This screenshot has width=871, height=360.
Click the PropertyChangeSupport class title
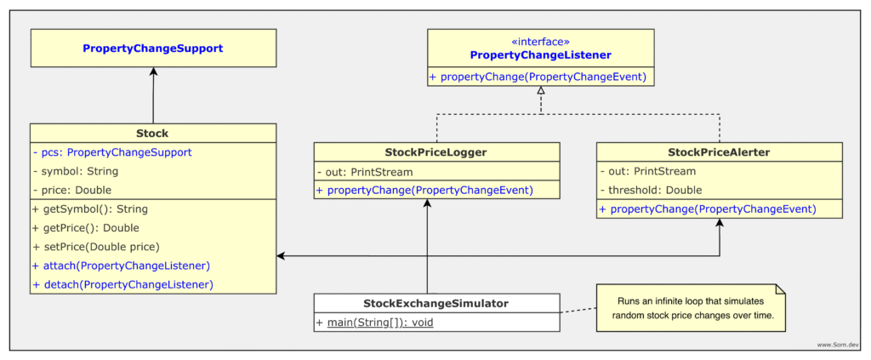[x=153, y=49]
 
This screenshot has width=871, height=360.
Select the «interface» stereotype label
[x=540, y=41]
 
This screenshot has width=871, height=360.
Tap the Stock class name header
[x=153, y=133]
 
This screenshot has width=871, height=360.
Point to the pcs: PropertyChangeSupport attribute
[x=111, y=152]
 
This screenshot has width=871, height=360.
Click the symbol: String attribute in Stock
[x=75, y=171]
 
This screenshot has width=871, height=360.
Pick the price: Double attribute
[x=71, y=190]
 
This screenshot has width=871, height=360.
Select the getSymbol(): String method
[x=89, y=209]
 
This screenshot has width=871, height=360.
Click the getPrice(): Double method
[x=85, y=227]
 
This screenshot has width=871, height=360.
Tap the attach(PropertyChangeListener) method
[x=121, y=266]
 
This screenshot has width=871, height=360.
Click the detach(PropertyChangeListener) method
[x=122, y=284]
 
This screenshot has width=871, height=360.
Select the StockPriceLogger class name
[x=436, y=152]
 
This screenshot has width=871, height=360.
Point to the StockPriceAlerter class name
[x=719, y=152]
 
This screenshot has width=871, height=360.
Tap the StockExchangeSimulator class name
[x=436, y=303]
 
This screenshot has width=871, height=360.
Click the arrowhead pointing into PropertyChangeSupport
[x=153, y=72]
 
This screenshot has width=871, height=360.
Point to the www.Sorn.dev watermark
[x=837, y=345]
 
